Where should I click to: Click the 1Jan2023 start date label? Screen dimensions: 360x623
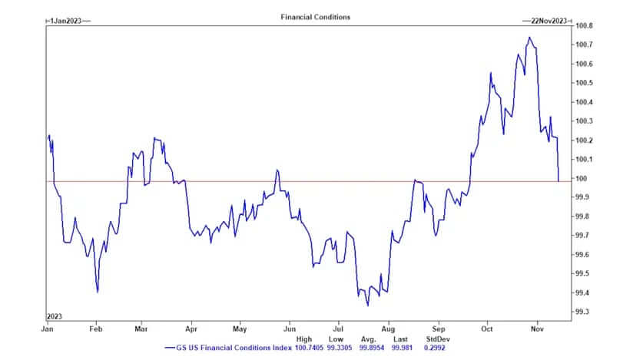click(68, 21)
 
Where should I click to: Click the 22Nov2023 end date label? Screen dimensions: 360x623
click(549, 21)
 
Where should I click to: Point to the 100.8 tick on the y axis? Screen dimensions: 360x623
click(585, 25)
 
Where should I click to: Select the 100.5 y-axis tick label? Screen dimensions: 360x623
click(585, 83)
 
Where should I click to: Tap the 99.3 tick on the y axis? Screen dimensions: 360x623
click(583, 312)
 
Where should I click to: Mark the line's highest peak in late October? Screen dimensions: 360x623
click(529, 37)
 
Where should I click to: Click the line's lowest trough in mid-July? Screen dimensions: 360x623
click(367, 306)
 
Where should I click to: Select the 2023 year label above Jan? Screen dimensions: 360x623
click(55, 315)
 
